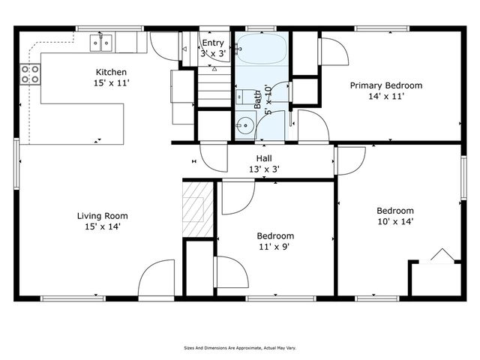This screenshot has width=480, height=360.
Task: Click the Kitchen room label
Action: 110,73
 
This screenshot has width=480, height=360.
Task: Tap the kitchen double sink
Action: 102,43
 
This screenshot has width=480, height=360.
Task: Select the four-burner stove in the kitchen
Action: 30,73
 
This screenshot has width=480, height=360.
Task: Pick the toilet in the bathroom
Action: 244,96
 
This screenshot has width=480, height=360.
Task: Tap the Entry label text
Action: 212,43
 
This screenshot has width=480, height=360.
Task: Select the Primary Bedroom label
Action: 386,85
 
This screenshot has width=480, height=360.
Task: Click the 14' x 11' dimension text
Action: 386,96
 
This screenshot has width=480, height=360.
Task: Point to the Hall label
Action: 264,158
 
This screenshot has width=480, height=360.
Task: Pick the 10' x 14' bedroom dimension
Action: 395,221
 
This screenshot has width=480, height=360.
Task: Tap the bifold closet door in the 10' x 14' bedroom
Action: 442,256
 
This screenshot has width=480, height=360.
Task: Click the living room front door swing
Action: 157,277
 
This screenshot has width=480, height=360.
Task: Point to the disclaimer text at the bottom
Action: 239,348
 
